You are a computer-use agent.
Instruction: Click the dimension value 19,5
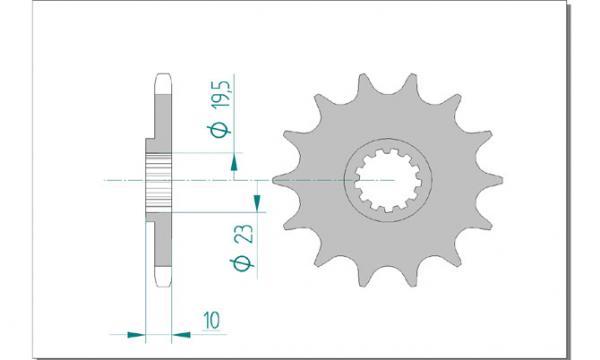[x=222, y=94]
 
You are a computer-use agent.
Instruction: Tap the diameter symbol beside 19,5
[x=219, y=130]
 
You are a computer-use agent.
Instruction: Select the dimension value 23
[x=245, y=233]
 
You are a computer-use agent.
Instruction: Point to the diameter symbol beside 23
[x=241, y=264]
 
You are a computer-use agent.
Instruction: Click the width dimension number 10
[x=212, y=321]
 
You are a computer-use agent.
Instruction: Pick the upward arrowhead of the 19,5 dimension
[x=234, y=165]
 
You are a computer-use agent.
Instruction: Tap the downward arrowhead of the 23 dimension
[x=257, y=202]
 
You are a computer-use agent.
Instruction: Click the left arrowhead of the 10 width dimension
[x=137, y=335]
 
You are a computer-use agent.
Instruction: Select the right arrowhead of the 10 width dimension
[x=181, y=335]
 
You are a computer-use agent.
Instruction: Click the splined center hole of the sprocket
[x=388, y=181]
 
